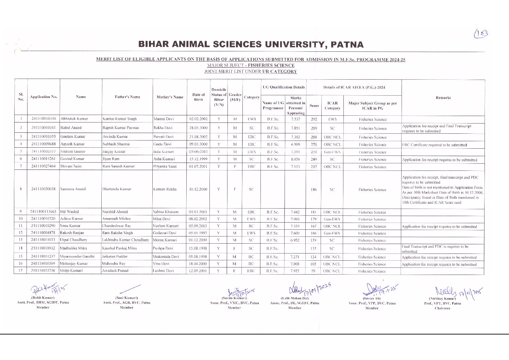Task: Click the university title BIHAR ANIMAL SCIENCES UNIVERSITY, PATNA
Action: click(x=251, y=45)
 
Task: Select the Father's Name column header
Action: click(x=128, y=97)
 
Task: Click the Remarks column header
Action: click(x=443, y=98)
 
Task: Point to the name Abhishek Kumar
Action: click(x=74, y=119)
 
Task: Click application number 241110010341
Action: click(x=43, y=128)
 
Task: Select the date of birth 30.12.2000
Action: click(x=198, y=189)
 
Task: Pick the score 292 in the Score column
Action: click(x=313, y=119)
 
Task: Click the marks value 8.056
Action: click(x=295, y=159)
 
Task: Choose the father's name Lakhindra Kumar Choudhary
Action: click(x=126, y=240)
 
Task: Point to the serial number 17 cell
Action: click(x=20, y=271)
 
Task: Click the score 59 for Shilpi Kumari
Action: click(x=313, y=271)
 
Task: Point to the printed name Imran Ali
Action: click(x=372, y=298)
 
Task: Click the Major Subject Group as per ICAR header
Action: click(x=372, y=105)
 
